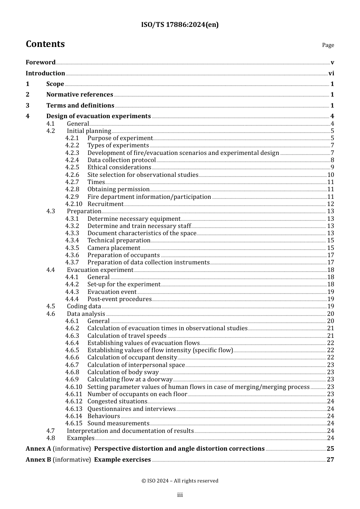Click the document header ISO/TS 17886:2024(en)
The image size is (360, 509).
click(180, 25)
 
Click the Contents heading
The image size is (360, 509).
click(45, 44)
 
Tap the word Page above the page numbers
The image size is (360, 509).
click(328, 45)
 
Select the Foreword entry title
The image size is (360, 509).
click(41, 62)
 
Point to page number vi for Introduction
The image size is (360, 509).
click(331, 73)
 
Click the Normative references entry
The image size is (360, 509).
click(80, 95)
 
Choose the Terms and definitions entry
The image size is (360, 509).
click(80, 106)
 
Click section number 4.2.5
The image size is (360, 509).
click(72, 167)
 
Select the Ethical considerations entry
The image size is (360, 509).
click(119, 167)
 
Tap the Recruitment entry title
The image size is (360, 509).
click(105, 204)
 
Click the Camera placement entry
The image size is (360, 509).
click(114, 248)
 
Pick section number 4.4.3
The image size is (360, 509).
click(72, 292)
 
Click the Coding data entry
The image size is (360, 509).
click(84, 306)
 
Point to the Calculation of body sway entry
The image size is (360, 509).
click(123, 372)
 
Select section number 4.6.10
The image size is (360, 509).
click(74, 387)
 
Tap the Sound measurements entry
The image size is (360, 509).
click(118, 423)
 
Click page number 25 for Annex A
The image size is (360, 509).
click(330, 449)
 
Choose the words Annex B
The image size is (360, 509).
click(38, 460)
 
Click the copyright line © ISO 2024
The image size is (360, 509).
click(180, 481)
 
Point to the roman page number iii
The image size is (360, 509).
click(180, 495)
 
